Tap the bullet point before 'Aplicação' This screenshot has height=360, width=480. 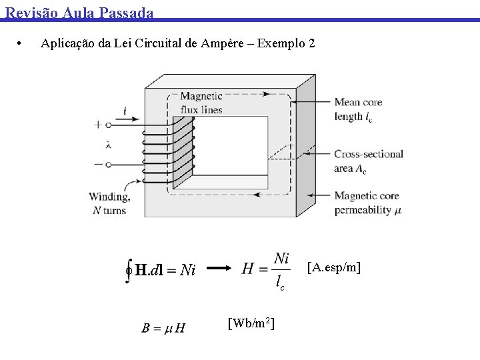tap(21, 44)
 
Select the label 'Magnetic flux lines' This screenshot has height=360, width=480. tap(201, 103)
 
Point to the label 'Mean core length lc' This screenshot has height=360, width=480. tap(358, 109)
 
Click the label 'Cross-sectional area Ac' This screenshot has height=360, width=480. tap(368, 161)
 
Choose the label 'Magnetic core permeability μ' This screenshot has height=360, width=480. tap(368, 203)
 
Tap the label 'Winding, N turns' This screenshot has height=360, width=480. tap(109, 203)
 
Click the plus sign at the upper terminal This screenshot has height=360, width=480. tap(99, 124)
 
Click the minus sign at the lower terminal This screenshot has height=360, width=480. tap(99, 163)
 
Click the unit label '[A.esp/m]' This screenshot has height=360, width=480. tap(333, 268)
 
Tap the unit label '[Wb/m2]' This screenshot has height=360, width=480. tap(251, 323)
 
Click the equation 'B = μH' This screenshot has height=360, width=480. tap(163, 328)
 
